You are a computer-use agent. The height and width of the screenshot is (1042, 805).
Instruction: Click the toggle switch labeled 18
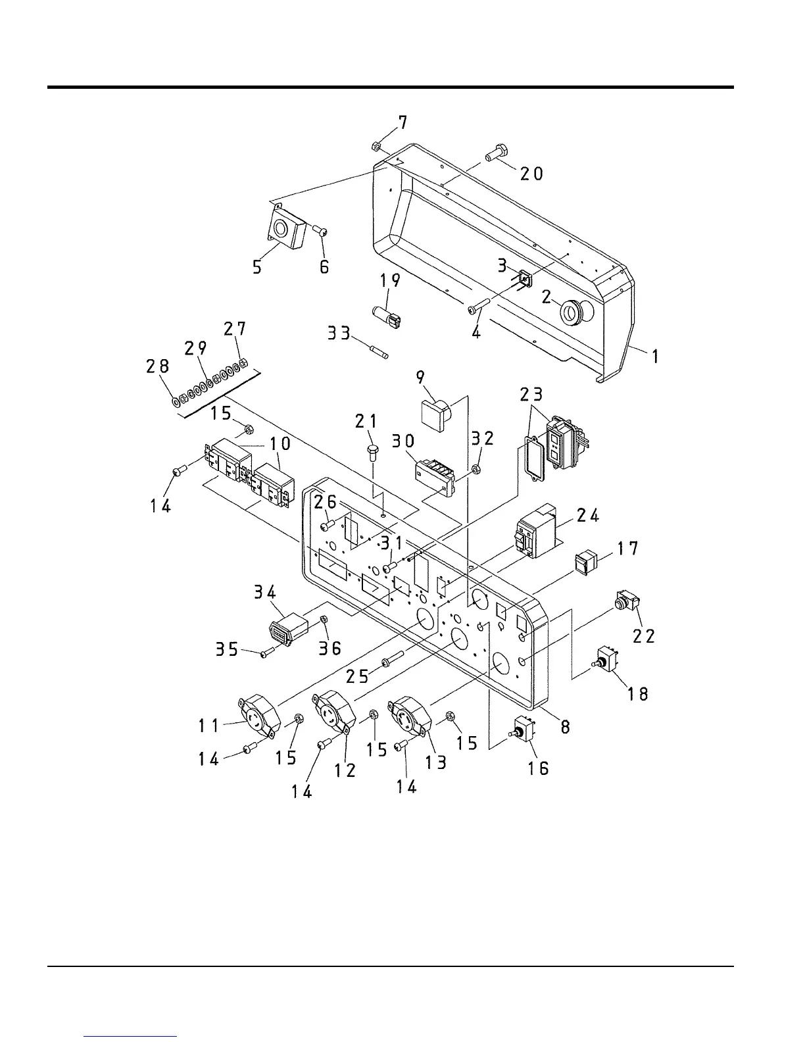(x=606, y=658)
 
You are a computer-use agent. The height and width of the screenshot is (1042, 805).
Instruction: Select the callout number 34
(x=265, y=593)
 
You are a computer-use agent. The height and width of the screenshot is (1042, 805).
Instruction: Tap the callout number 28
(x=158, y=366)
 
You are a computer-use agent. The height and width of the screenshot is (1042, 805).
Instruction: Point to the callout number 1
(x=655, y=357)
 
